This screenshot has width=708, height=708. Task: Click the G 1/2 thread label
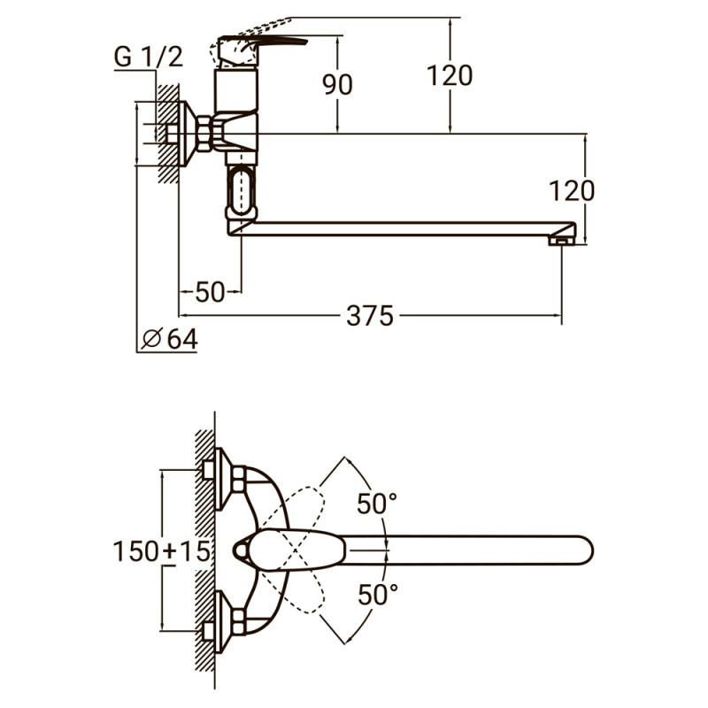148,58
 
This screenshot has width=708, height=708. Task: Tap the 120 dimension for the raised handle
449,76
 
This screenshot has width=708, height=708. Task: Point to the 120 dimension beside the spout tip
571,189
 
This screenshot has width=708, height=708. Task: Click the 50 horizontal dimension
210,291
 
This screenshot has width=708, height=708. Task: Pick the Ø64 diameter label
169,339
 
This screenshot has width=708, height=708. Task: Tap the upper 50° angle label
377,504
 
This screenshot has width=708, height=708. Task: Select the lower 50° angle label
377,595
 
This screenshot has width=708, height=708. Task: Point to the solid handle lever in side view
265,41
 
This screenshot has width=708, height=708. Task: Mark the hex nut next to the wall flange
205,134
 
